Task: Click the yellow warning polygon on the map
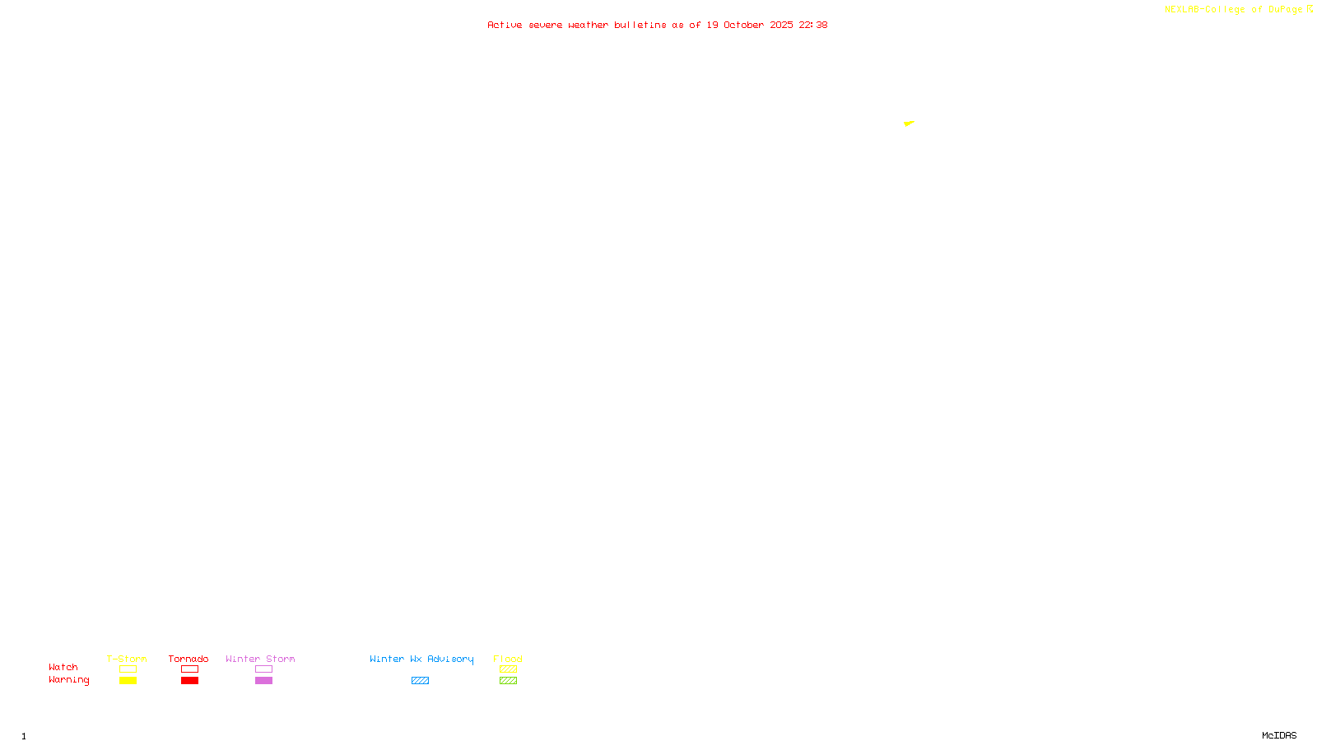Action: [x=908, y=123]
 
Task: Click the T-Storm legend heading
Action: [x=127, y=659]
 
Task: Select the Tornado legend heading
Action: [x=188, y=659]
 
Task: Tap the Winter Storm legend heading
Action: [x=260, y=659]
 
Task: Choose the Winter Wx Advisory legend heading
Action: [x=421, y=659]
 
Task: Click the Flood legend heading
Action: [x=508, y=659]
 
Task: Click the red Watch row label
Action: [x=63, y=667]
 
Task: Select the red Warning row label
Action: [x=69, y=680]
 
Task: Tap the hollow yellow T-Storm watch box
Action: [x=128, y=669]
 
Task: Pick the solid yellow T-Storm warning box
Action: [x=128, y=681]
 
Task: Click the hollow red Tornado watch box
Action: [x=189, y=669]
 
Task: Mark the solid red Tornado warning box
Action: [x=189, y=681]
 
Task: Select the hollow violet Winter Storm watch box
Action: [x=263, y=669]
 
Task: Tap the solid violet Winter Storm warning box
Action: [x=263, y=681]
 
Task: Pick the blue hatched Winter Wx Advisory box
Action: [x=420, y=681]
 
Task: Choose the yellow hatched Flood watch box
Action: [x=508, y=669]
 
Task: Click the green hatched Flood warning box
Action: [x=508, y=681]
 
